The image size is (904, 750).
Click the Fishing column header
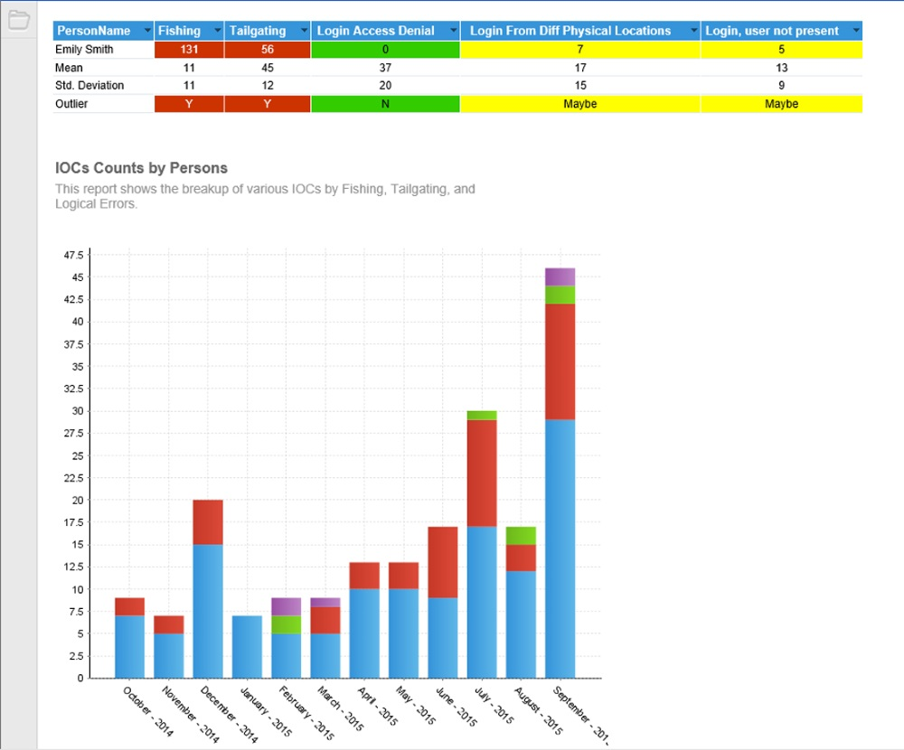[x=180, y=31]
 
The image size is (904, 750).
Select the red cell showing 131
[x=189, y=50]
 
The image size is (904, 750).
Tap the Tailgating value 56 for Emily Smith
[x=267, y=50]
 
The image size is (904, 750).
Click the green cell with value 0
[x=385, y=50]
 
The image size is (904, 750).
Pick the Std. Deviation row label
[x=89, y=86]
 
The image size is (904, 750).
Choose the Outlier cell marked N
[x=385, y=104]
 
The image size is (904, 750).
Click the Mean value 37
[x=385, y=68]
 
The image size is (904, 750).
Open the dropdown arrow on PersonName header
[x=147, y=31]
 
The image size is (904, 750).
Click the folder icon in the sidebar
[x=18, y=19]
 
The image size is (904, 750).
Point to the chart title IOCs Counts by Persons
[x=141, y=168]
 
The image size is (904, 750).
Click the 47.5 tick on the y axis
[x=72, y=254]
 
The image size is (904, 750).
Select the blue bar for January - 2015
[x=247, y=646]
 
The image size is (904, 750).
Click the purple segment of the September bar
[x=560, y=277]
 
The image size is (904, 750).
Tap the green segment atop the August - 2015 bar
[x=521, y=536]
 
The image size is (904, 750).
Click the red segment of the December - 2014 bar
[x=208, y=522]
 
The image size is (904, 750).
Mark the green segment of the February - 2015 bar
[x=286, y=624]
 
